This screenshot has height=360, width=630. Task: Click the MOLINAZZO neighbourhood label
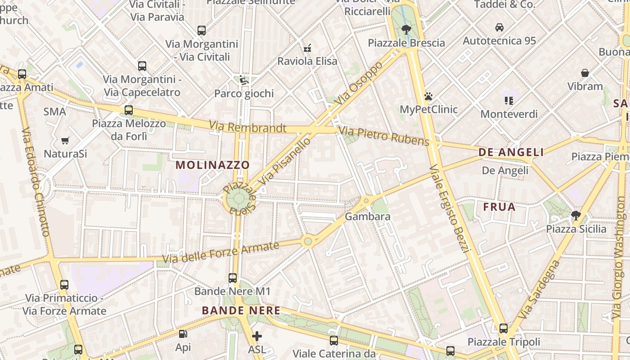click(212, 165)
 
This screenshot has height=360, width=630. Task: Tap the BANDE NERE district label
click(241, 310)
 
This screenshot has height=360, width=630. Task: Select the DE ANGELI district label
click(511, 152)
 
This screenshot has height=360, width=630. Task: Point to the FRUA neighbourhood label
click(499, 207)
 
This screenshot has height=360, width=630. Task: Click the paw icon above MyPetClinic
click(428, 96)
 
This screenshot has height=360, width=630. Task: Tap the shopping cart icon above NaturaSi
click(65, 141)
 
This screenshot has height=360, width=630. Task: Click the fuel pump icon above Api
click(183, 334)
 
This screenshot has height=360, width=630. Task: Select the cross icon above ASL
click(256, 336)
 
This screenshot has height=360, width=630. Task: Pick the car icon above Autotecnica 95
click(499, 27)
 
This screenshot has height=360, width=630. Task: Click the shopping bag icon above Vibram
click(585, 73)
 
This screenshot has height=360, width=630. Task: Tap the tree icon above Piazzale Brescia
click(406, 30)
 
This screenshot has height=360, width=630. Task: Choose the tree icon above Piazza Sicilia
click(576, 215)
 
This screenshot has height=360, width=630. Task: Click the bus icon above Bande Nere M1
click(233, 278)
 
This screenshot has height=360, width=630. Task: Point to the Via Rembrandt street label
click(247, 127)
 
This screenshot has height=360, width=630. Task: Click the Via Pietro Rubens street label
click(384, 136)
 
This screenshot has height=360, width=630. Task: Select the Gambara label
click(368, 216)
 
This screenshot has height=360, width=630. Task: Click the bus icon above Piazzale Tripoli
click(504, 328)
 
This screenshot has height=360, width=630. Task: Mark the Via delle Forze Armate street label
click(220, 253)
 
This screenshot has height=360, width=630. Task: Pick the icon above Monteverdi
click(509, 101)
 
